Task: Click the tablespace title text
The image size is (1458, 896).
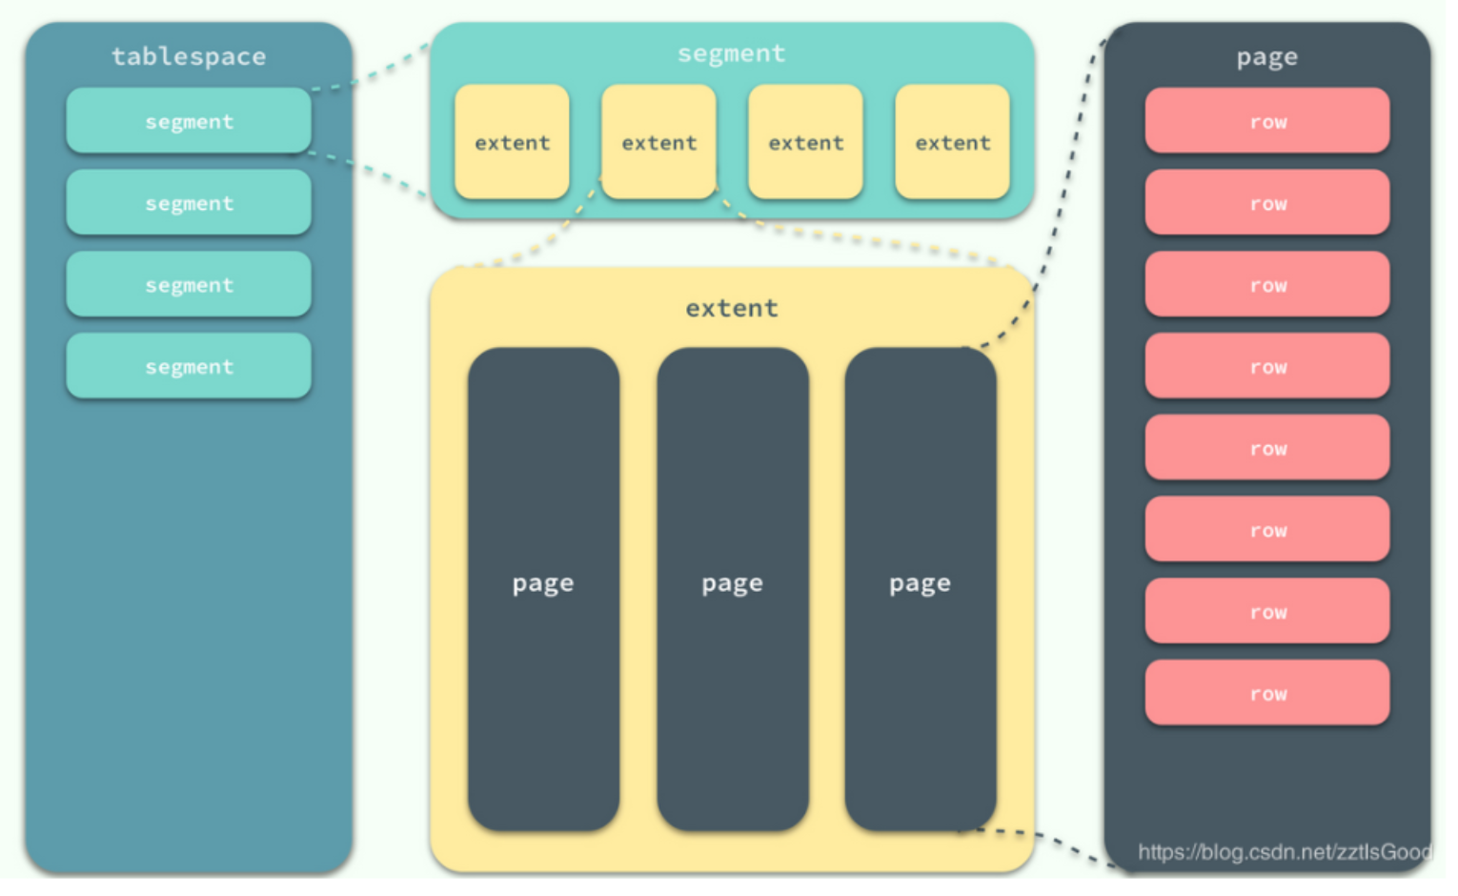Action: tap(189, 56)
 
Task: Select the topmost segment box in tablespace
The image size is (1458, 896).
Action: tap(189, 121)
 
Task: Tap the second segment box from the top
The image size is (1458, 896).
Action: tap(189, 203)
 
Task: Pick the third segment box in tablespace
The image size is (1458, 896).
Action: tap(189, 285)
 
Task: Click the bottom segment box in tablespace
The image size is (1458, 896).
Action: tap(189, 366)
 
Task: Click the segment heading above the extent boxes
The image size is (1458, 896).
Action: tap(731, 53)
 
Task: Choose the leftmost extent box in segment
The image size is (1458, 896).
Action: tap(512, 142)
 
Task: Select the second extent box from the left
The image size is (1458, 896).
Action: tap(658, 142)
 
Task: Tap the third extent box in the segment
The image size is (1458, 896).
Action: tap(805, 142)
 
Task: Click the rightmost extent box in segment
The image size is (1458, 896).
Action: tap(952, 142)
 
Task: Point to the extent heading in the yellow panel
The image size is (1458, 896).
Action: tap(731, 308)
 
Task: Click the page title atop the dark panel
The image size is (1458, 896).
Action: tap(1266, 57)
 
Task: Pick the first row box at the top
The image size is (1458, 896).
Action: tap(1266, 121)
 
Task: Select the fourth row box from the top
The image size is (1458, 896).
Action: tap(1266, 366)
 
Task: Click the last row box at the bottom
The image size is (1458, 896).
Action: tap(1266, 693)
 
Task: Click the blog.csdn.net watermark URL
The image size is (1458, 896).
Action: tap(1284, 851)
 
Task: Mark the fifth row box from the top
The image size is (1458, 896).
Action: tap(1266, 448)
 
